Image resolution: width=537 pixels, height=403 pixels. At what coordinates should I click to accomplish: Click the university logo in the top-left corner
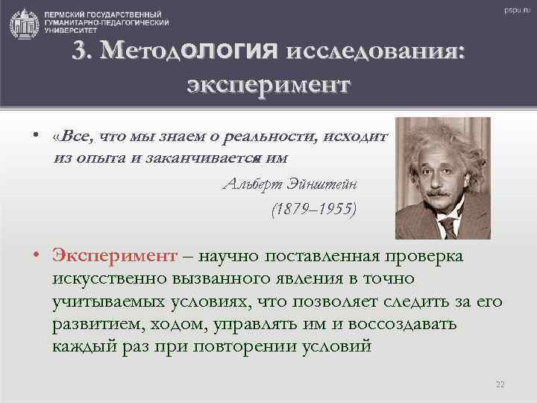click(x=25, y=23)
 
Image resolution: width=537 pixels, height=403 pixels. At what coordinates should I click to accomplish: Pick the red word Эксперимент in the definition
click(x=114, y=257)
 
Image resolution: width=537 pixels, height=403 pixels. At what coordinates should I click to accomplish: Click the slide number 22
click(x=500, y=384)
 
